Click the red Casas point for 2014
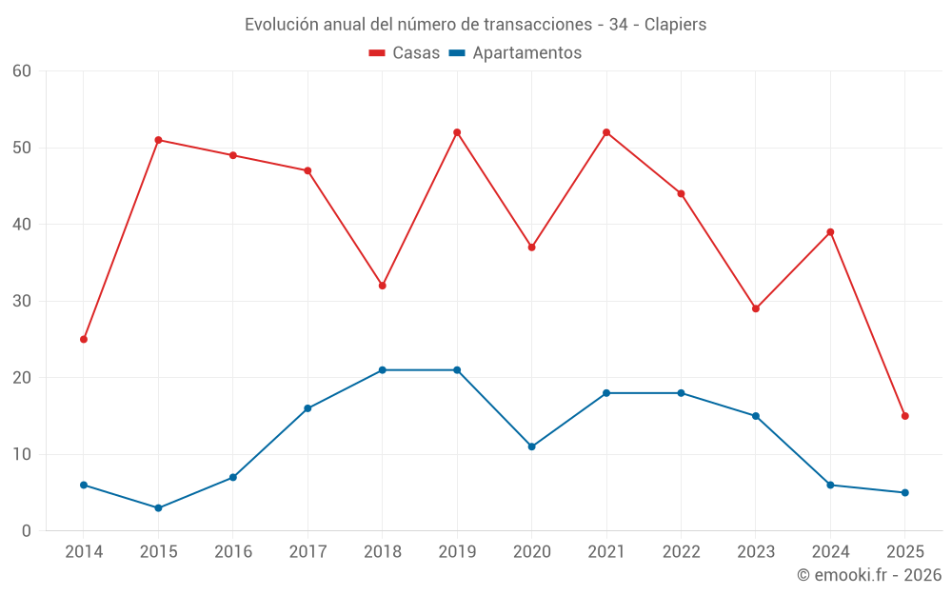84,339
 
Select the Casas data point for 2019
457,132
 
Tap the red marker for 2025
905,416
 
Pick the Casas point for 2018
383,286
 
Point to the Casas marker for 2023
756,308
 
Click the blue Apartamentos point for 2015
158,507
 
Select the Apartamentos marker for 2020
532,446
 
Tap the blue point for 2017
307,408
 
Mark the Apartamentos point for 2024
830,485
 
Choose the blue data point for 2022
681,393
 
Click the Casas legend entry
405,53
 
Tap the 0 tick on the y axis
27,531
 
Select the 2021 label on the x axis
606,552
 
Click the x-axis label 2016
233,552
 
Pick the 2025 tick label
905,552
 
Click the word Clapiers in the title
675,25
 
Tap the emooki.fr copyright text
869,575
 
